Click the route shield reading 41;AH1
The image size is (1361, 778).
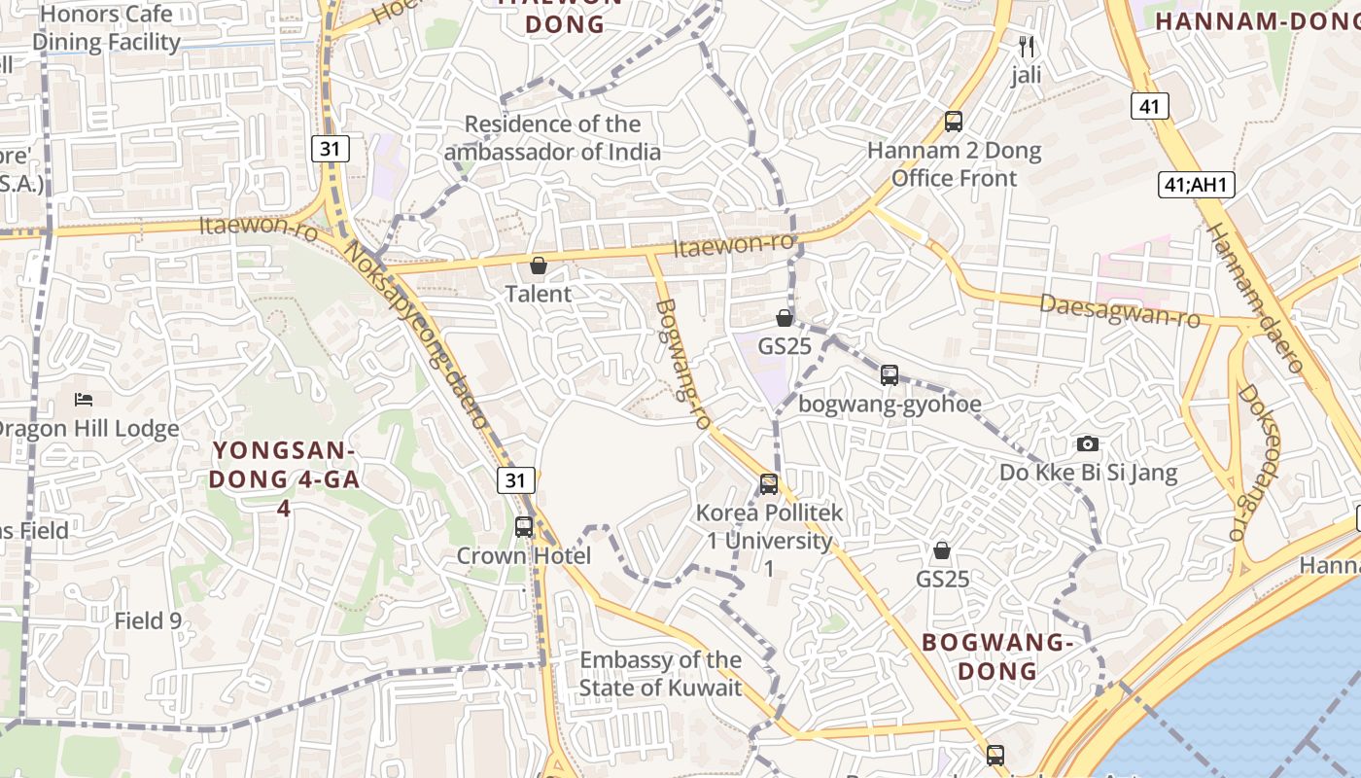(x=1197, y=184)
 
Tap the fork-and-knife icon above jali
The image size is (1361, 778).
(x=1027, y=46)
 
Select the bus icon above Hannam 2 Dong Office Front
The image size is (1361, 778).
(x=954, y=122)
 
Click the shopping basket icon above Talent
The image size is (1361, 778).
(x=539, y=265)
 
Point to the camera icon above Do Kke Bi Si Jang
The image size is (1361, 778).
(x=1088, y=443)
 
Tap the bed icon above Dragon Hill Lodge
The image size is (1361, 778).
(x=84, y=399)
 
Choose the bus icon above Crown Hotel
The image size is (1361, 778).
(x=524, y=526)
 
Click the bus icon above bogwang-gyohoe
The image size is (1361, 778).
(x=890, y=374)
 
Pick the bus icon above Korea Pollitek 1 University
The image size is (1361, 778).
(x=769, y=483)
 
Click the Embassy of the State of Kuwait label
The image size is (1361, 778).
(x=661, y=674)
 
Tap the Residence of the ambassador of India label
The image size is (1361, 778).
(x=552, y=138)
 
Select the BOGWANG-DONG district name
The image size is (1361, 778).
(x=997, y=656)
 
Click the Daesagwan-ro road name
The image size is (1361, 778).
(x=1120, y=310)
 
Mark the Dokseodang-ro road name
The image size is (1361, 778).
(x=1258, y=462)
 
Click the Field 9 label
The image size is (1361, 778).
(x=148, y=620)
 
